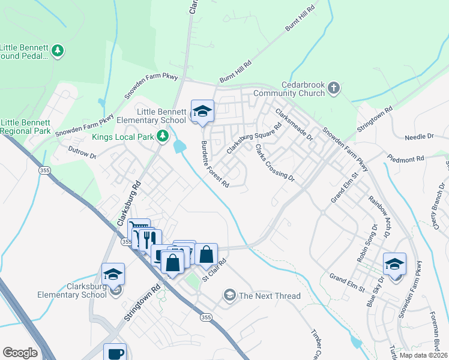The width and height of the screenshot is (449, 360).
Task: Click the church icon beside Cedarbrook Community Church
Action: click(334, 89)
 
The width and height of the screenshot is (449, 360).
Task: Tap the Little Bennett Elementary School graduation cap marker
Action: click(202, 111)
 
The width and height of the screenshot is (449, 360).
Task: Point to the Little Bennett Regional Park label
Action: click(25, 126)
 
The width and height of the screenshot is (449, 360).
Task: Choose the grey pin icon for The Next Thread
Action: click(229, 295)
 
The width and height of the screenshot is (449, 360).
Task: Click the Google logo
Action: click(20, 353)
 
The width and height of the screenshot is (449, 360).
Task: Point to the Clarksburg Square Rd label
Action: click(254, 139)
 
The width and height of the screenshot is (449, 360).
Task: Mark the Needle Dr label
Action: click(419, 137)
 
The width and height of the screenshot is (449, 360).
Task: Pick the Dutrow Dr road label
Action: click(82, 152)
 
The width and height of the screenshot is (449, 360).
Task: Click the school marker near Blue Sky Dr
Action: click(394, 264)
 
